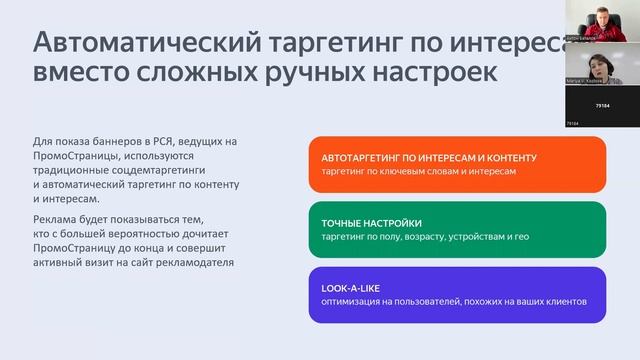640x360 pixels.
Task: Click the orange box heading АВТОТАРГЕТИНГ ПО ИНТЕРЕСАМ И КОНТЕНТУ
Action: tap(430, 158)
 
